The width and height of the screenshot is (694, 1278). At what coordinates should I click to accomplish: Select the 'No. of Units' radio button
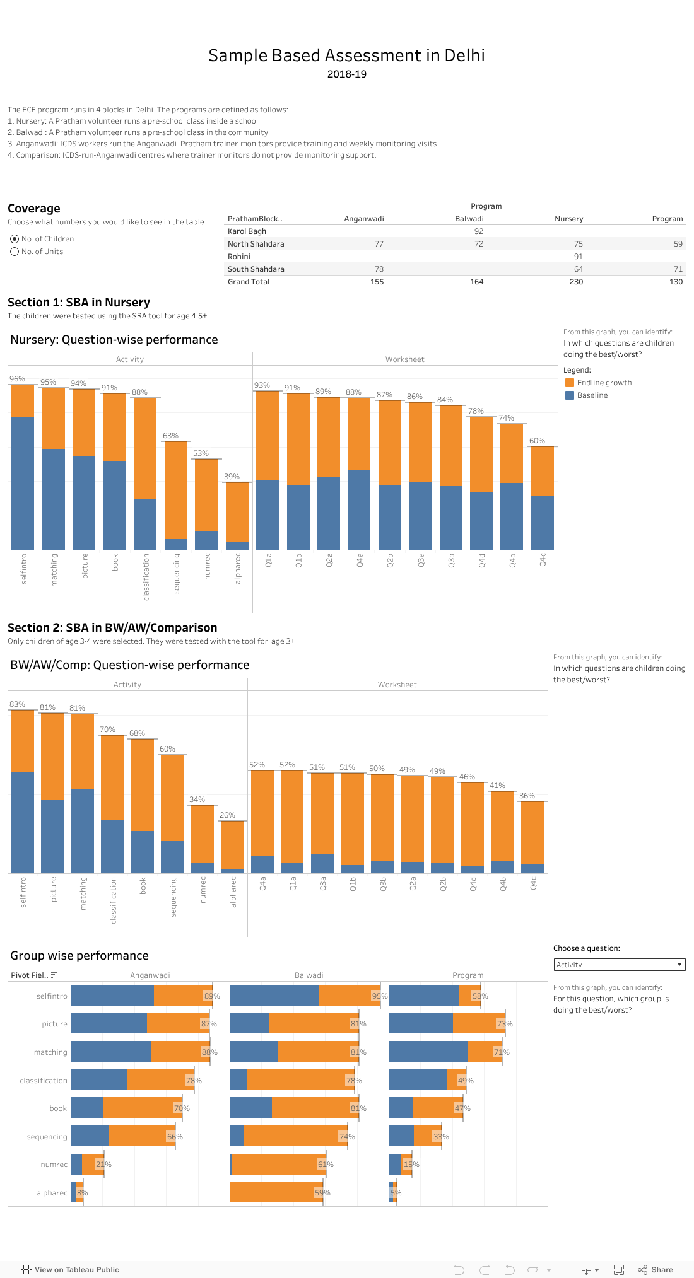[15, 252]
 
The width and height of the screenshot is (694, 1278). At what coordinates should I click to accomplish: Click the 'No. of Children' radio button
[15, 239]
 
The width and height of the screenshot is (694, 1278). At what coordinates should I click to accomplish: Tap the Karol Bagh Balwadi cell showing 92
[478, 231]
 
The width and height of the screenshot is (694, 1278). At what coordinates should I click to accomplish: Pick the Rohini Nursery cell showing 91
[578, 257]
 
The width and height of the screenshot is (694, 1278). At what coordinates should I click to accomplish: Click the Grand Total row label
[249, 282]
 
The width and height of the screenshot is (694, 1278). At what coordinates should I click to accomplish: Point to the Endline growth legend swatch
[570, 383]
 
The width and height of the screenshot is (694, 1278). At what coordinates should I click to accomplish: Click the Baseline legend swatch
[570, 395]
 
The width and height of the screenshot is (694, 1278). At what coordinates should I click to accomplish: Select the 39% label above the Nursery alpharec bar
[232, 477]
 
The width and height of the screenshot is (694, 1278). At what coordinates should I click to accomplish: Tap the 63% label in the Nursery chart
[170, 436]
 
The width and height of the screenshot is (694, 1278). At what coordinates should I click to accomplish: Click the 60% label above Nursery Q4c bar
[537, 441]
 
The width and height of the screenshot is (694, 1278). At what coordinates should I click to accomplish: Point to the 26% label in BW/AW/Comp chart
[227, 815]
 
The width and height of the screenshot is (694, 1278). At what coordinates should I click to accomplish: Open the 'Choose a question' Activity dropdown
[619, 965]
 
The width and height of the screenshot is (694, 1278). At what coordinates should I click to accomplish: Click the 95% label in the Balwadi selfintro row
[379, 996]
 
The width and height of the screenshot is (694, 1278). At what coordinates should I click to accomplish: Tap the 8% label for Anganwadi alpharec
[82, 1193]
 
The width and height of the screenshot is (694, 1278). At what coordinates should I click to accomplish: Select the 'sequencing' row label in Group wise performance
[47, 1137]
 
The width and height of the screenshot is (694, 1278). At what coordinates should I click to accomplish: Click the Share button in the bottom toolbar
[656, 1270]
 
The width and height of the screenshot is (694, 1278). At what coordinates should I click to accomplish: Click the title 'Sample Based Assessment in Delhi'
[346, 55]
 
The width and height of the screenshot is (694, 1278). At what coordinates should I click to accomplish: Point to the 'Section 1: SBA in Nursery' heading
[79, 303]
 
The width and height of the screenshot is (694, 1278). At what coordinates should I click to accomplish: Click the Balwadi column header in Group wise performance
[309, 975]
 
